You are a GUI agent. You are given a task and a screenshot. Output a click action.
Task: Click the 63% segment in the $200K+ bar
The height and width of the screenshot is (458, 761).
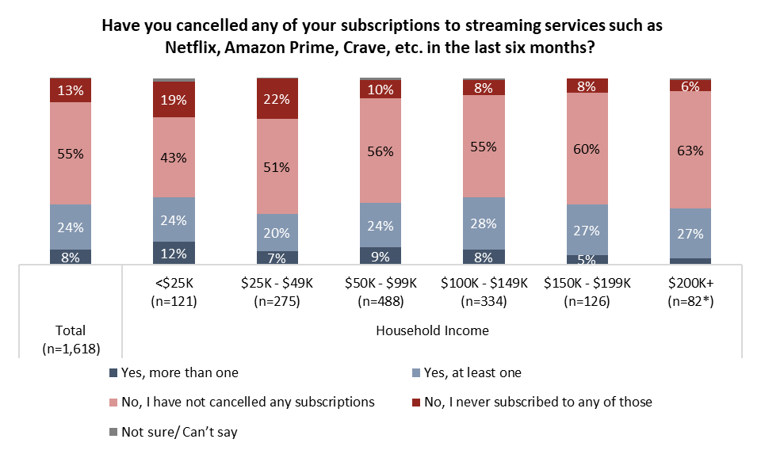pyautogui.click(x=690, y=150)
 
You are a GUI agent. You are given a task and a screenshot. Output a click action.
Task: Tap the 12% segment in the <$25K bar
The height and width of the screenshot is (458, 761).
pyautogui.click(x=174, y=253)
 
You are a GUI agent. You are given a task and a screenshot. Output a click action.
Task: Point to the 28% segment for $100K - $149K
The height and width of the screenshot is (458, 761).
pyautogui.click(x=484, y=223)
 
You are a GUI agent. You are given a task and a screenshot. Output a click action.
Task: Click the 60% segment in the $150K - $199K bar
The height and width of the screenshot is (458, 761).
pyautogui.click(x=587, y=148)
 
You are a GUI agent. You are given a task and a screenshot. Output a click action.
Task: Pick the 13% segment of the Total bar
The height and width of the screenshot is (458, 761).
pyautogui.click(x=71, y=90)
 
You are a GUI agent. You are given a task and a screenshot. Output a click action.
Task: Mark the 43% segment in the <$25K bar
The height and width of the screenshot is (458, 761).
pyautogui.click(x=174, y=157)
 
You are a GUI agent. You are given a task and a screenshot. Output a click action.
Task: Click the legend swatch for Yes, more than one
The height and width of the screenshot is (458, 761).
pyautogui.click(x=113, y=372)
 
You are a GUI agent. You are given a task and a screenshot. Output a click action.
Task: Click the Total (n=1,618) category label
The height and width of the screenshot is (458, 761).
pyautogui.click(x=71, y=338)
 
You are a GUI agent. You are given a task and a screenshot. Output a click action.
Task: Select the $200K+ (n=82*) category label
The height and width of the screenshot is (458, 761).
pyautogui.click(x=690, y=291)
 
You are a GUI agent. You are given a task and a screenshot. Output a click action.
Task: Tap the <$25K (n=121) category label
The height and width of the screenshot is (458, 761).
pyautogui.click(x=174, y=291)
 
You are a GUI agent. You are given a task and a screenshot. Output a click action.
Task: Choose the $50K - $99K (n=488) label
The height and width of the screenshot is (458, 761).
pyautogui.click(x=380, y=291)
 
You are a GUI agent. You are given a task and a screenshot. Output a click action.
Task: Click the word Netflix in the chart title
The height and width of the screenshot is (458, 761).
pyautogui.click(x=193, y=47)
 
